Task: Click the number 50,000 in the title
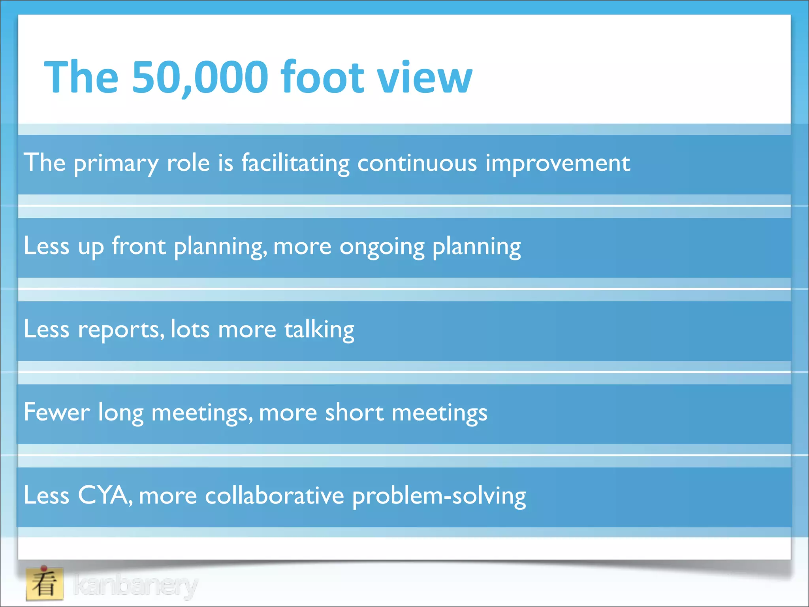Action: [200, 77]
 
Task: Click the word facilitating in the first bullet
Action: [295, 163]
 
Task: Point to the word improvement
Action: [557, 163]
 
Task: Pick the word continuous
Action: [417, 163]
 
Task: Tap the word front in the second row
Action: [139, 246]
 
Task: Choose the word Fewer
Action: [57, 412]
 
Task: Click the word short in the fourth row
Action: [354, 412]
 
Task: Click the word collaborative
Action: [275, 496]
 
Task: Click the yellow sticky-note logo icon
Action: [44, 583]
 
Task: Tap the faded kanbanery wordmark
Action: [135, 585]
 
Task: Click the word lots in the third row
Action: [190, 329]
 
